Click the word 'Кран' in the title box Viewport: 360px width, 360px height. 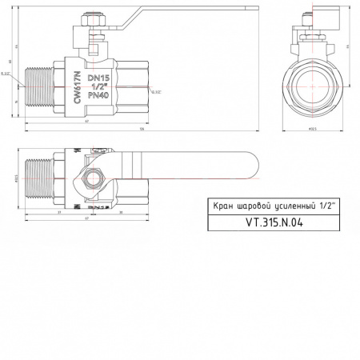[222, 206]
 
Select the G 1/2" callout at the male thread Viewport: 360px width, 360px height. [6, 74]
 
